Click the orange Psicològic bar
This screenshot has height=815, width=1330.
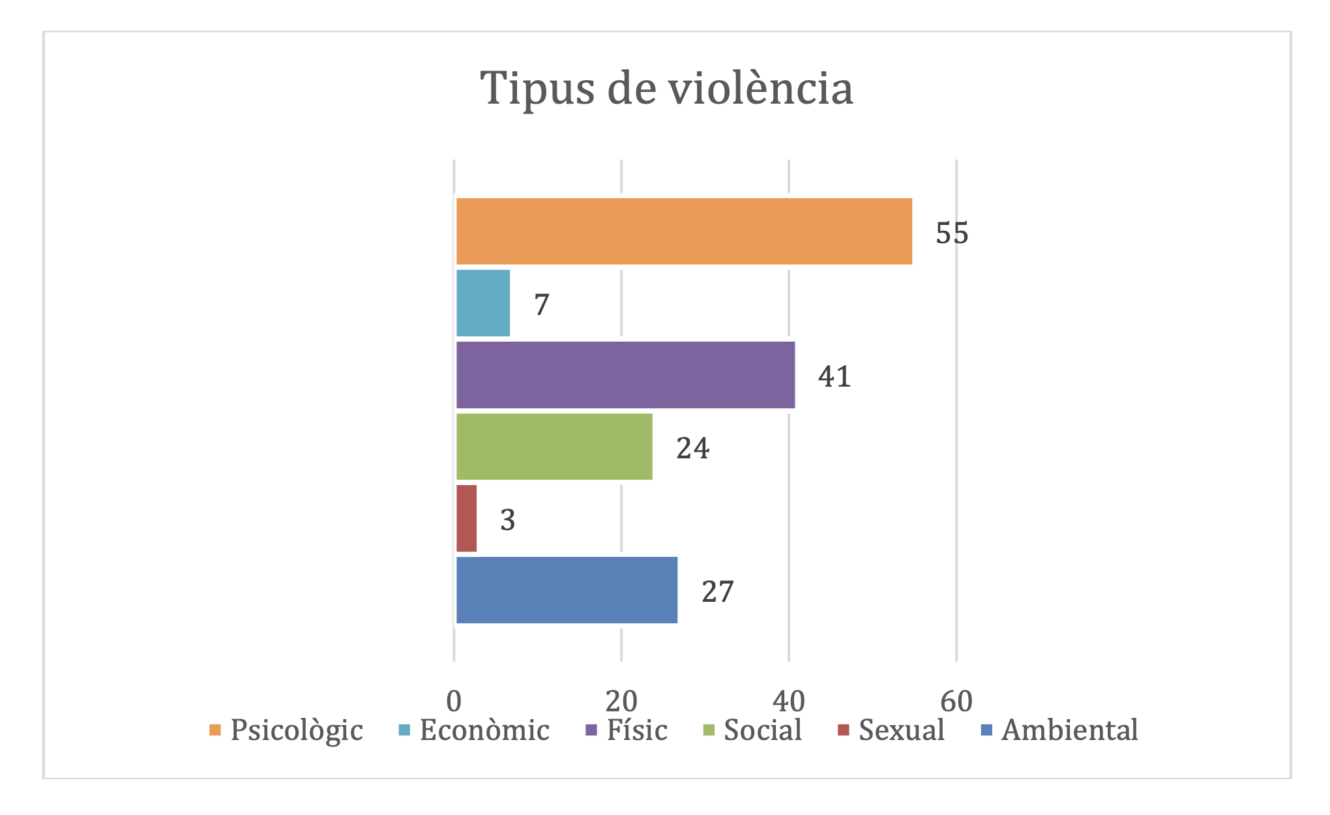(683, 231)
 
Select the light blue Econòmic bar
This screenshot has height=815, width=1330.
(483, 303)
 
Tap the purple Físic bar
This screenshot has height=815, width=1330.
(625, 375)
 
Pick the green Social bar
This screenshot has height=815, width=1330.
(554, 447)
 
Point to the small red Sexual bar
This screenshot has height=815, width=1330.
(467, 518)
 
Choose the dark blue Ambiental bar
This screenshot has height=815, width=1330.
(567, 590)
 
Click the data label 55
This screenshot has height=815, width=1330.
(952, 233)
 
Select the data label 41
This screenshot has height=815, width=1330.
(835, 376)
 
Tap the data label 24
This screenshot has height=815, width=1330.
(692, 448)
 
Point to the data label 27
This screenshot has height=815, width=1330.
(717, 591)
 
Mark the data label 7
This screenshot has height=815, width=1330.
(542, 304)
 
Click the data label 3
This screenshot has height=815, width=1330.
(507, 520)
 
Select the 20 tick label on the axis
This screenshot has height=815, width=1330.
(621, 702)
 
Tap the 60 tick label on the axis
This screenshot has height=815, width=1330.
(956, 702)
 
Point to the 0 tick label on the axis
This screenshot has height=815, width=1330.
(454, 702)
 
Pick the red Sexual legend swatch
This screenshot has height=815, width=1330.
(844, 730)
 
